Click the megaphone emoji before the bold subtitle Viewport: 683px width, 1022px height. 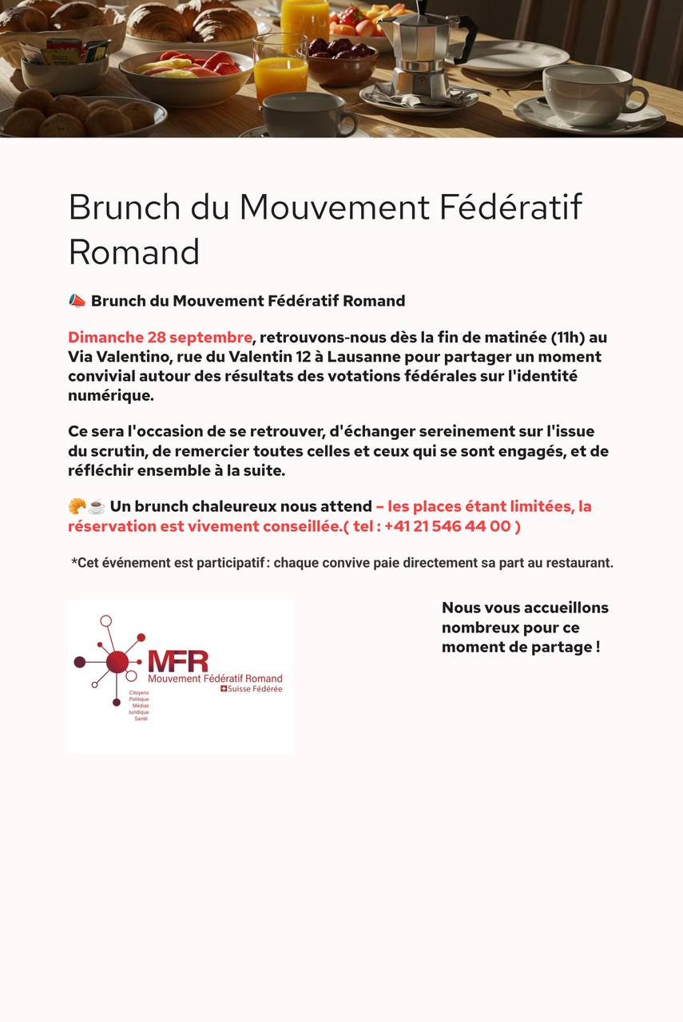[77, 301]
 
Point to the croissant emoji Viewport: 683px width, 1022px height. [77, 506]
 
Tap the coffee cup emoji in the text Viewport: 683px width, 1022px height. [97, 506]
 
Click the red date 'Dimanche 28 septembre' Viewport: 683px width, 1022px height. [160, 337]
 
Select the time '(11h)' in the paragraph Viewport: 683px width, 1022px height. [571, 337]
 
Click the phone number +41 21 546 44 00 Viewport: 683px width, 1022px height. [447, 526]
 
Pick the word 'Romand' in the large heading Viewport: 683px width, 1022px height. [134, 252]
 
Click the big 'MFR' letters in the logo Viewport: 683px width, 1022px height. [177, 661]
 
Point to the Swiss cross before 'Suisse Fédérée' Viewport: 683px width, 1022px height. [224, 688]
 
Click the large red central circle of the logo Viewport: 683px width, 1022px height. [117, 661]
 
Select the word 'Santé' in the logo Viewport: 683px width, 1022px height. [141, 719]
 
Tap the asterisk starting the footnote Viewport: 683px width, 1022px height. [74, 561]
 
